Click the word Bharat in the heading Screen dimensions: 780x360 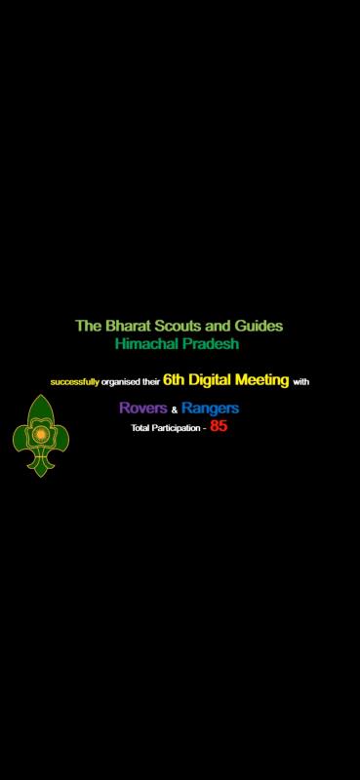[x=120, y=326]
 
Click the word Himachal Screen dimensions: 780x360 [x=147, y=344]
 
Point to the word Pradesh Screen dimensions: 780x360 [x=211, y=344]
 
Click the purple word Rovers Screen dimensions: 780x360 [x=142, y=408]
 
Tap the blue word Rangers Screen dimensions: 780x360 [x=211, y=408]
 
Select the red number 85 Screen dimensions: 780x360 [x=219, y=426]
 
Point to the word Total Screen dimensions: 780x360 [x=141, y=428]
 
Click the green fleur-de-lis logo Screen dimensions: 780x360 [x=41, y=436]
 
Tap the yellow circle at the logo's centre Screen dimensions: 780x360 [x=41, y=430]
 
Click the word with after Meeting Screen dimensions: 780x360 [x=301, y=381]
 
